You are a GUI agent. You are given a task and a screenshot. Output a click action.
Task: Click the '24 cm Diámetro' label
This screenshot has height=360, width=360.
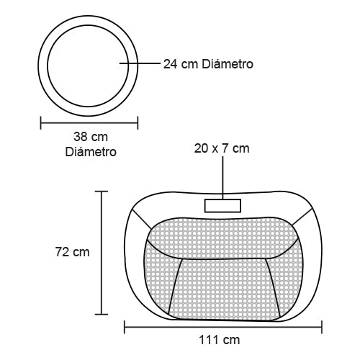[x=208, y=64]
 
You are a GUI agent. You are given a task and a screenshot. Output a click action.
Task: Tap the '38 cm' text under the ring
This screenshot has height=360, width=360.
[x=91, y=137]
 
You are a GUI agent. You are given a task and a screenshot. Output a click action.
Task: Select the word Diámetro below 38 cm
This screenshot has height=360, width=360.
[x=91, y=152]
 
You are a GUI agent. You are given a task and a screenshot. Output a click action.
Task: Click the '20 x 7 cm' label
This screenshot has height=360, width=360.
[x=222, y=148]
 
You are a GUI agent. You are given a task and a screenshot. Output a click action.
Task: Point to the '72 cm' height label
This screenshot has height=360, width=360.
[x=73, y=252]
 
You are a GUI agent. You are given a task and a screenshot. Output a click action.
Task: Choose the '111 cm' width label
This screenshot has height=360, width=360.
[x=220, y=340]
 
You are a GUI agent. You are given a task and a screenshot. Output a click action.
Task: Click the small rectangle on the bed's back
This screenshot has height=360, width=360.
[x=222, y=206]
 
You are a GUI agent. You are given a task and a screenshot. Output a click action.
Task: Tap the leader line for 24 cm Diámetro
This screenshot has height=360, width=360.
[x=140, y=63]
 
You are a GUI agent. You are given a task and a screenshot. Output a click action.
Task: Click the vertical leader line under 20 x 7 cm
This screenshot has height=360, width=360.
[x=222, y=178]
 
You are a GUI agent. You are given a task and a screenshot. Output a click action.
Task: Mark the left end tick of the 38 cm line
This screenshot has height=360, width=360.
[x=41, y=123]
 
